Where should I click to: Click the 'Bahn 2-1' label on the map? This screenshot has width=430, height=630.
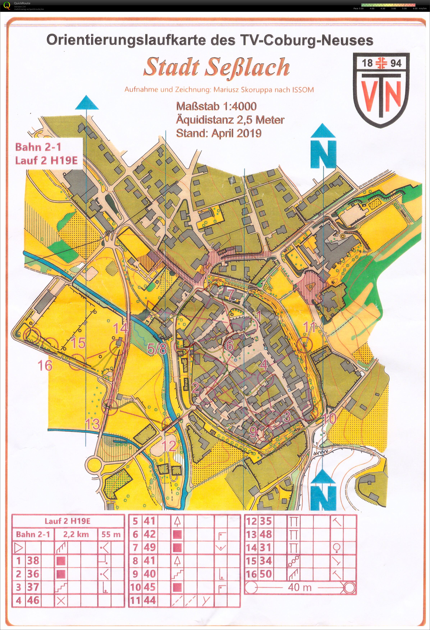(38, 147)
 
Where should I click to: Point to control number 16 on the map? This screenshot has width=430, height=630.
(45, 365)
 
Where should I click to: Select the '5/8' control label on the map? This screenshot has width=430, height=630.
(157, 349)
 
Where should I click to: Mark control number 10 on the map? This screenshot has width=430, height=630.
(330, 419)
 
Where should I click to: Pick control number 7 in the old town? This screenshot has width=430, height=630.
(230, 294)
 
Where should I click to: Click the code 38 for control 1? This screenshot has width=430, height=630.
(33, 560)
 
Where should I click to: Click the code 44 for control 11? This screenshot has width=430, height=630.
(150, 601)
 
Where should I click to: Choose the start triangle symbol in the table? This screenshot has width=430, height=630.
(19, 548)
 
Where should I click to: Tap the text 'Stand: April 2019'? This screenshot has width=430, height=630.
(219, 133)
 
